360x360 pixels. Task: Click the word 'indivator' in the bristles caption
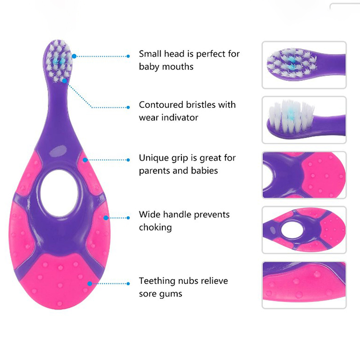tap(180, 117)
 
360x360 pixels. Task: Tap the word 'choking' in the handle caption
tap(155, 227)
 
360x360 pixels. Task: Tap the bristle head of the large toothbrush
tap(59, 61)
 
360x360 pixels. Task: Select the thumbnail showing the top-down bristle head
tap(304, 65)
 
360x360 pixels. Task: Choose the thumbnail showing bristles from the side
tap(304, 120)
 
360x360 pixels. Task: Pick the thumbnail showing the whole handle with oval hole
tap(304, 230)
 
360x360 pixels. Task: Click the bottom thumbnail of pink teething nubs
tap(304, 285)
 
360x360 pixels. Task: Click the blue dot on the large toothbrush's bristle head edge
tap(74, 56)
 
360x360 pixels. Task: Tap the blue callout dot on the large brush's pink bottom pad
tap(90, 284)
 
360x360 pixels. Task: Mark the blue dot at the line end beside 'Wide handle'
tap(128, 218)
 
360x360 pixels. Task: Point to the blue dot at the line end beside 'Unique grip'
tap(128, 160)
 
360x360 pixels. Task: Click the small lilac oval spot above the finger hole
tap(58, 152)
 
